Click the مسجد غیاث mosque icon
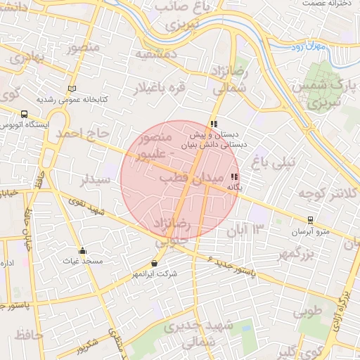pyautogui.click(x=82, y=251)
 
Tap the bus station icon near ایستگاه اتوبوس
pyautogui.click(x=24, y=114)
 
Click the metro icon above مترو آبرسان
pyautogui.click(x=311, y=219)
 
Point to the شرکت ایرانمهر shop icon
pyautogui.click(x=154, y=264)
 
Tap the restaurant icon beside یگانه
pyautogui.click(x=234, y=177)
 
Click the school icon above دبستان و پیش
pyautogui.click(x=214, y=124)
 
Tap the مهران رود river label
pyautogui.click(x=310, y=48)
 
